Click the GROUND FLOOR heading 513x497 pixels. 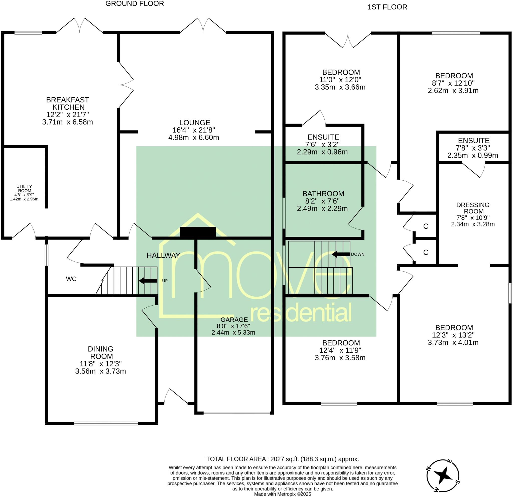pyautogui.click(x=135, y=4)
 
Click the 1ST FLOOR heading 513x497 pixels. pyautogui.click(x=387, y=7)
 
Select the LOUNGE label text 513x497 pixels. pyautogui.click(x=194, y=122)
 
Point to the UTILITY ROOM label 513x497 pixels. pyautogui.click(x=24, y=188)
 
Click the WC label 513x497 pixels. pyautogui.click(x=71, y=279)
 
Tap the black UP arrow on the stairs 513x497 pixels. pyautogui.click(x=148, y=281)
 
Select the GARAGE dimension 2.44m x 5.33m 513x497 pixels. pyautogui.click(x=233, y=333)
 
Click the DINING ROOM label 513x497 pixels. pyautogui.click(x=101, y=352)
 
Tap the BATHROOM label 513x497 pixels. pyautogui.click(x=323, y=194)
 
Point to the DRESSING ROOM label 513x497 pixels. pyautogui.click(x=473, y=208)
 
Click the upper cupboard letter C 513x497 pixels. pyautogui.click(x=426, y=226)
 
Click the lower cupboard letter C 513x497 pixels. pyautogui.click(x=426, y=252)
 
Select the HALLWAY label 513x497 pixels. pyautogui.click(x=163, y=256)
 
